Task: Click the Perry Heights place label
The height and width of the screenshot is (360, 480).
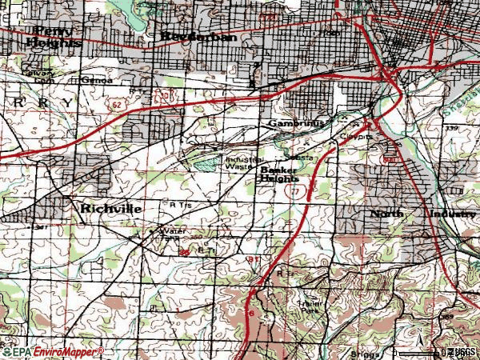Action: coord(54,36)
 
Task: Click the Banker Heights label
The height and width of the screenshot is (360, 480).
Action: coord(278,174)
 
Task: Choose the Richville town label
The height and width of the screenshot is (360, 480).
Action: coord(111,208)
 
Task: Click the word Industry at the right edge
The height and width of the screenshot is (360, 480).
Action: coord(452,214)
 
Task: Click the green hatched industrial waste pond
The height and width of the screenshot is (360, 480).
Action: coord(206,162)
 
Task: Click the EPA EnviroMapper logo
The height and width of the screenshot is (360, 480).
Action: coord(52,352)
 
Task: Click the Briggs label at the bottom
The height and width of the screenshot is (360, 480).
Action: coord(363,352)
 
